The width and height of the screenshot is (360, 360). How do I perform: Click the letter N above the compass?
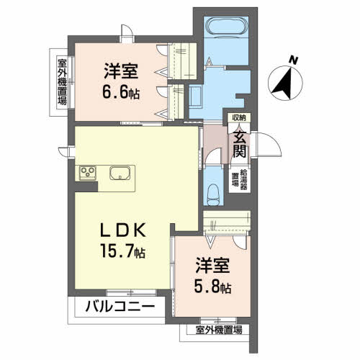[x=292, y=60]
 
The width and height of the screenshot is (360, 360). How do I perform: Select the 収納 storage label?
[x=238, y=118]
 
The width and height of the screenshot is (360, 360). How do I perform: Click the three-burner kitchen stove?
[x=88, y=172]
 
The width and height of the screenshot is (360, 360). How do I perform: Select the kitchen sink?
[x=120, y=173]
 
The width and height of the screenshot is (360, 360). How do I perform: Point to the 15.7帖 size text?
[x=124, y=253]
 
